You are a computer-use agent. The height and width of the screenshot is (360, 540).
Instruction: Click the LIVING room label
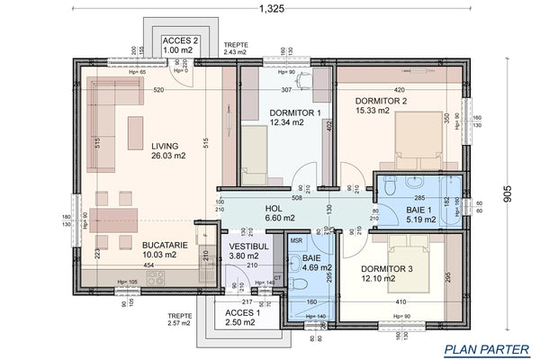[165, 145]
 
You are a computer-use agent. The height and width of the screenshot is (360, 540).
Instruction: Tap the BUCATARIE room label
[166, 244]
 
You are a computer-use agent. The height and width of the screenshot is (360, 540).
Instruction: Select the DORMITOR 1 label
[294, 112]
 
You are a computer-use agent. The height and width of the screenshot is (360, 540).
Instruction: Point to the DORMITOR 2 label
[381, 101]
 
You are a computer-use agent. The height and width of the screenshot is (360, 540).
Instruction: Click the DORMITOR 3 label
[387, 268]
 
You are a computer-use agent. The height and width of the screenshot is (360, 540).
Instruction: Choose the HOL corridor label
[274, 207]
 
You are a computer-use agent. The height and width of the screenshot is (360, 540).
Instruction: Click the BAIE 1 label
[400, 208]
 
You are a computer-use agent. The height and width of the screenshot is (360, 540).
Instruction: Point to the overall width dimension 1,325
[275, 9]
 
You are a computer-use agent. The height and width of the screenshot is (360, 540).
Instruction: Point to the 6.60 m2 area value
[274, 217]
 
